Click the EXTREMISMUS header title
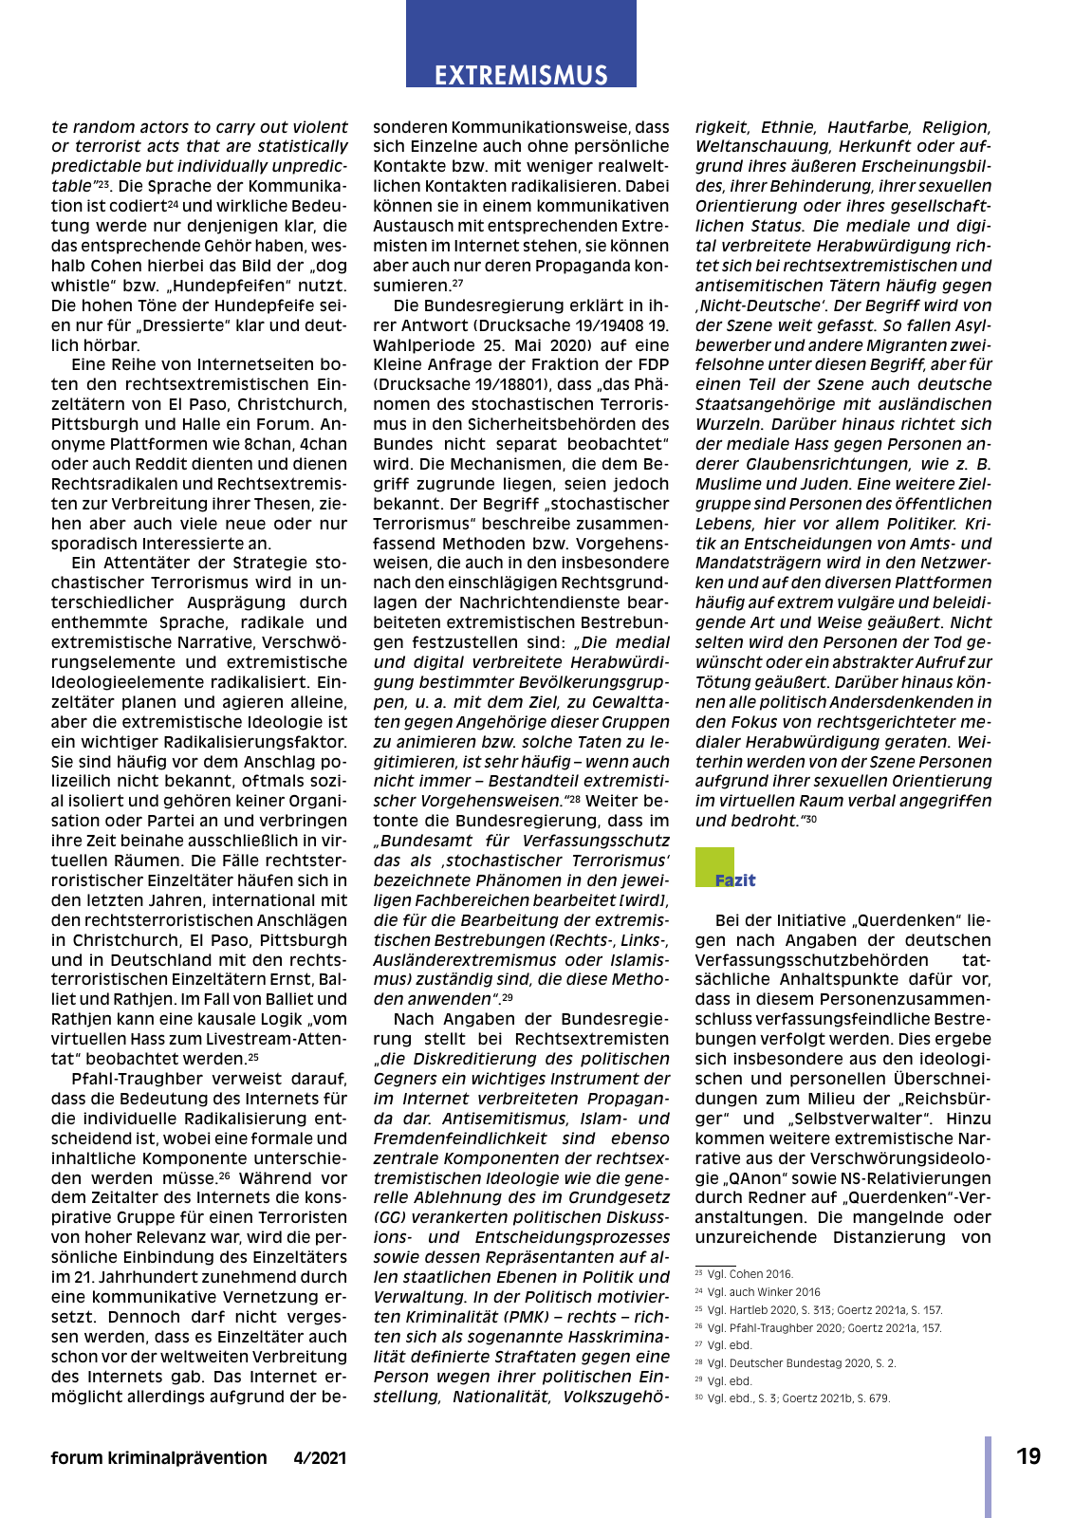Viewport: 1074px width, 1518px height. pyautogui.click(x=521, y=75)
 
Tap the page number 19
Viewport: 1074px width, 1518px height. pyautogui.click(x=1028, y=1456)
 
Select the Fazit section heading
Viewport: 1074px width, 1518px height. pyautogui.click(x=735, y=880)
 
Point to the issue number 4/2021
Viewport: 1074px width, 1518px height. pyautogui.click(x=320, y=1458)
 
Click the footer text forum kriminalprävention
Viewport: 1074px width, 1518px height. pyautogui.click(x=158, y=1458)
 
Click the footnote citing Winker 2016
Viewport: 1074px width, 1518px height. pyautogui.click(x=757, y=1292)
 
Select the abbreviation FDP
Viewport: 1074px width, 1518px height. pyautogui.click(x=652, y=364)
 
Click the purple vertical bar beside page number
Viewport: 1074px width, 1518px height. pyautogui.click(x=988, y=1476)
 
